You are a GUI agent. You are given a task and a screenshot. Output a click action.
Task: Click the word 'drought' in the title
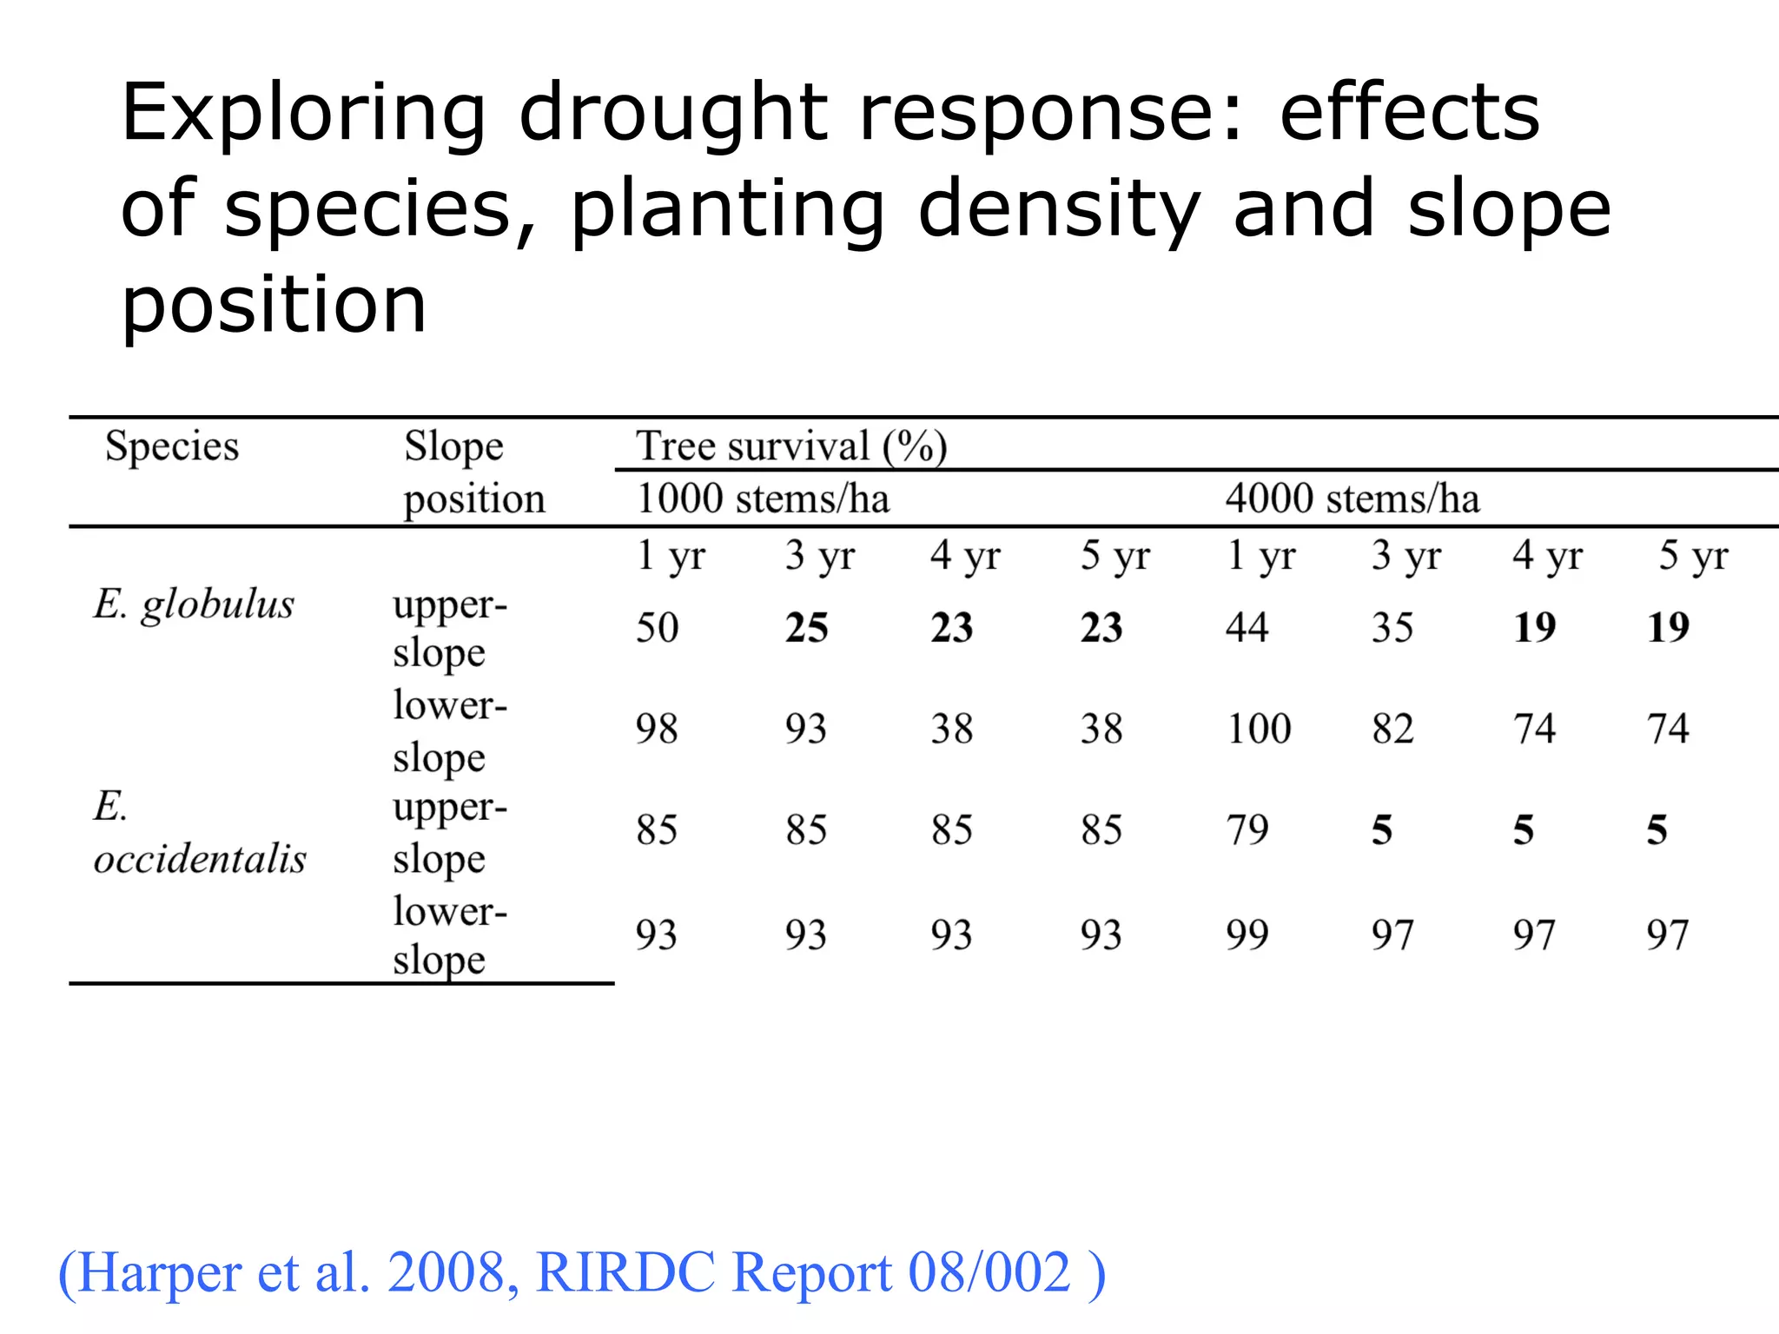point(673,115)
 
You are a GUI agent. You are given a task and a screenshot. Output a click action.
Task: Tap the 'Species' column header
point(171,446)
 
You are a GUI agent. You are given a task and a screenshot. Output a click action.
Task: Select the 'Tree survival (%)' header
point(791,446)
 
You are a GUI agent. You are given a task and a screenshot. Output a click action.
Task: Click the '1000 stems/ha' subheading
point(763,499)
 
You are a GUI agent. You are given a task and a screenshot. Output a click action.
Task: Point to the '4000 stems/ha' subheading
point(1352,499)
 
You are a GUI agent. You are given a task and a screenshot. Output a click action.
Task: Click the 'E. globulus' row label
point(194,604)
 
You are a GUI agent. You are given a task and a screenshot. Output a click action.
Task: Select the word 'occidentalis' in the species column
point(200,859)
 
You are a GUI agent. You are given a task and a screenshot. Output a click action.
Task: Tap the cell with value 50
point(657,628)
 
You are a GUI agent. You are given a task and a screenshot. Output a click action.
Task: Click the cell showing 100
point(1259,729)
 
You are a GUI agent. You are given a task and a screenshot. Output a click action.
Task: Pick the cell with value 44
point(1247,628)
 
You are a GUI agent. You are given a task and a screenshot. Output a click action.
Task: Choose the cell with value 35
point(1392,628)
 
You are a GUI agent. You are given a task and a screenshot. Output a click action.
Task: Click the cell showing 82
point(1392,729)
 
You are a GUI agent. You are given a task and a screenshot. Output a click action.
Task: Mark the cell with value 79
point(1247,830)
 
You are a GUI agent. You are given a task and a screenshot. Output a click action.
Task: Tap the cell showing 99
point(1247,935)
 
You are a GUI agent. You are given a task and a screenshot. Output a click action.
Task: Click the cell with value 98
point(657,729)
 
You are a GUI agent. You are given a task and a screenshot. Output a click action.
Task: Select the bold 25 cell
point(806,628)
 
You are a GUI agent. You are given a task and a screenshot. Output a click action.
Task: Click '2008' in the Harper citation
point(446,1273)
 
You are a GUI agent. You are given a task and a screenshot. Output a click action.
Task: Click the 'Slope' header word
point(453,446)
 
